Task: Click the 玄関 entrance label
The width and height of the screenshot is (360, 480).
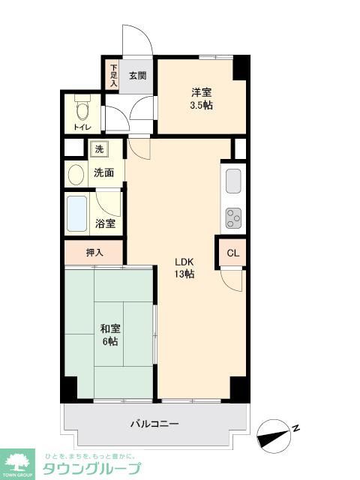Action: (x=136, y=75)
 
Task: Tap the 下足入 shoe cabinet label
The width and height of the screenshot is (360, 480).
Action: (x=114, y=76)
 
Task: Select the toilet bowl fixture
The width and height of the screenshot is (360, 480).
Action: (x=82, y=112)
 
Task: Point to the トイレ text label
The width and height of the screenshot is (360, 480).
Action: (x=82, y=128)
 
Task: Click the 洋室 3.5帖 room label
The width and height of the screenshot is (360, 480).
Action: (x=201, y=98)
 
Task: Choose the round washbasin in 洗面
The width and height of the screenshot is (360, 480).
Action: (x=76, y=175)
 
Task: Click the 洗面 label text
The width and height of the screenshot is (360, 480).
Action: (x=103, y=172)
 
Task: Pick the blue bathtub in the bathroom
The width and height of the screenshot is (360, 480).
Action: (x=77, y=214)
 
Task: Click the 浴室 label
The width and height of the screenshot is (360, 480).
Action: (x=106, y=223)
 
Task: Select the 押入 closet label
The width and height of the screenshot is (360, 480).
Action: (x=94, y=252)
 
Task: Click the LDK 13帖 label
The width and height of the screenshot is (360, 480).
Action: (x=184, y=268)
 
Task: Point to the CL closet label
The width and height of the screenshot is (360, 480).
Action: (x=233, y=253)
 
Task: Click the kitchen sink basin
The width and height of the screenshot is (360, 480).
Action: (x=233, y=181)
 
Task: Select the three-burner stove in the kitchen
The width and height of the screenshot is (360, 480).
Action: (x=233, y=217)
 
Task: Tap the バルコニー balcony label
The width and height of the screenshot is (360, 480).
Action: (x=154, y=424)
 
